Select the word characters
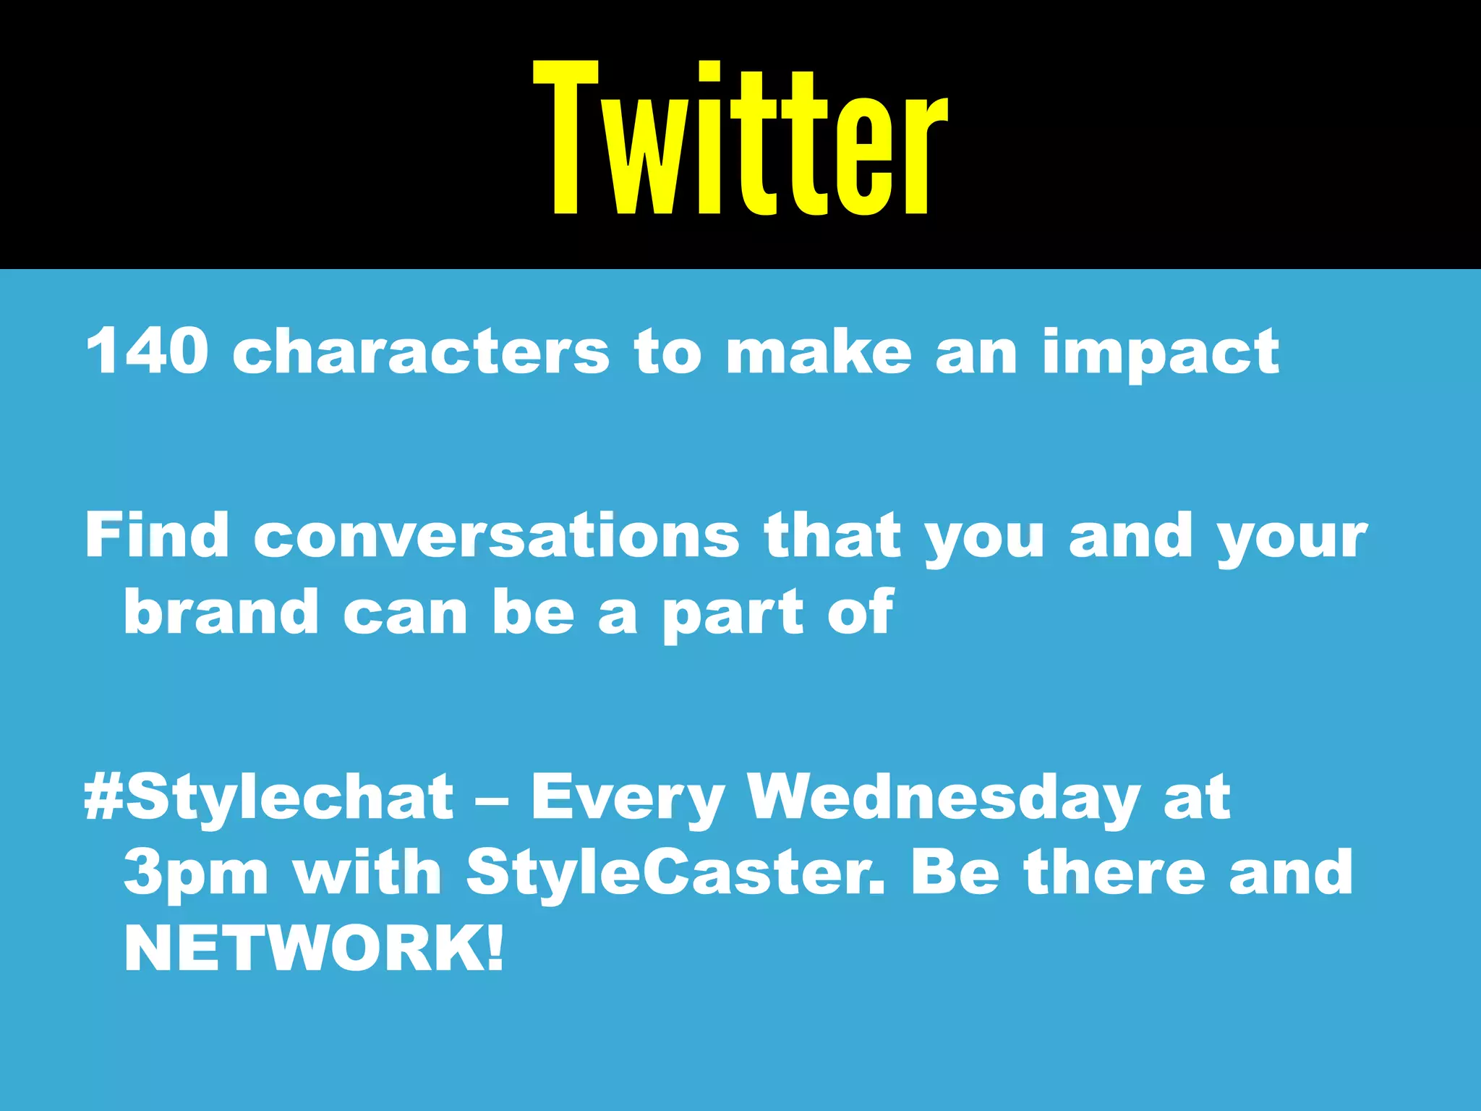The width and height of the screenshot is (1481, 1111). (x=421, y=351)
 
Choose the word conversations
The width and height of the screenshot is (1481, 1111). (x=497, y=535)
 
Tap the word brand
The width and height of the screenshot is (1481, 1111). (x=221, y=611)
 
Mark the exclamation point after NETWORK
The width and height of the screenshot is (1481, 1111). (x=495, y=948)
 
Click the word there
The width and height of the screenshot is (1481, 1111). (x=1114, y=872)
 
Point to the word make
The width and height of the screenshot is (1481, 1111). (x=819, y=351)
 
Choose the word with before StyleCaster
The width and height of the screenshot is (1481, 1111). (x=367, y=872)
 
